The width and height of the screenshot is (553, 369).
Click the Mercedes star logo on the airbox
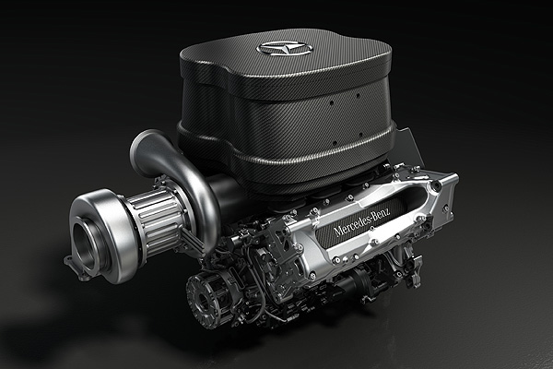(285, 48)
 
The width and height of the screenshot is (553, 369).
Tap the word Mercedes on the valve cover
(351, 225)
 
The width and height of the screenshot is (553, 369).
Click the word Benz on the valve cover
(381, 213)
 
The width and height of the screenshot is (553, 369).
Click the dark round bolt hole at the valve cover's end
(436, 184)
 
